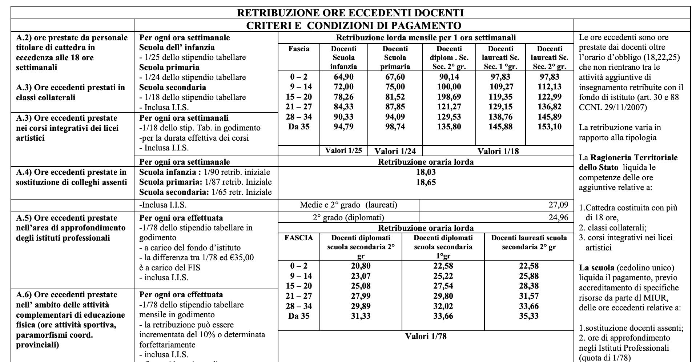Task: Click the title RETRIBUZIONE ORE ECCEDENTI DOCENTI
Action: (x=350, y=13)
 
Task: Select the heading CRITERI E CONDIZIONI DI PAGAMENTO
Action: (x=354, y=25)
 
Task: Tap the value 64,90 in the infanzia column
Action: (x=343, y=77)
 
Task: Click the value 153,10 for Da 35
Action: (x=549, y=127)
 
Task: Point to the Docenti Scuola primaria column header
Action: (x=395, y=57)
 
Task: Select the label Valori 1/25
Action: (x=343, y=150)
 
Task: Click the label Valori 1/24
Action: (x=395, y=151)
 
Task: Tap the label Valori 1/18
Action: (x=498, y=151)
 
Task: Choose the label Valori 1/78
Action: (x=426, y=336)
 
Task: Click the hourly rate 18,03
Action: (x=426, y=172)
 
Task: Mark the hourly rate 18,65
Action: (x=426, y=182)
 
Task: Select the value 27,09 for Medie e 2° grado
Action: (x=558, y=205)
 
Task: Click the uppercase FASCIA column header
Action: (x=299, y=238)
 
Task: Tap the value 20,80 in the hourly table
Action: (x=361, y=266)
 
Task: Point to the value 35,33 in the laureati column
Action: (x=529, y=316)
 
